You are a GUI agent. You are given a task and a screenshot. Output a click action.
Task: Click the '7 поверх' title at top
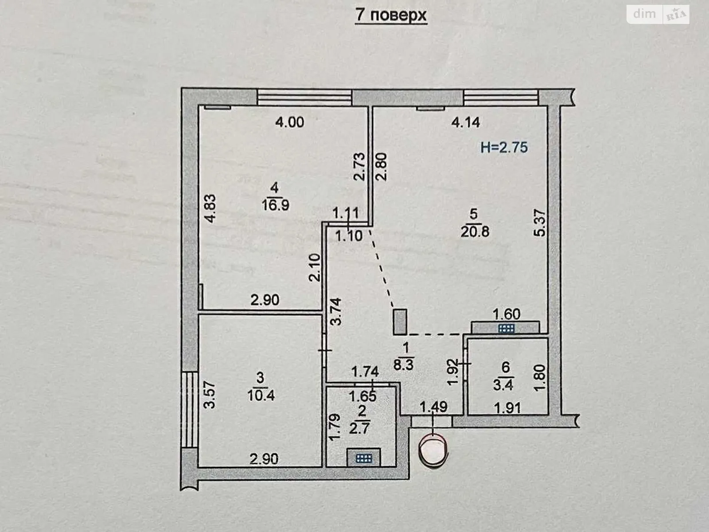pyautogui.click(x=390, y=15)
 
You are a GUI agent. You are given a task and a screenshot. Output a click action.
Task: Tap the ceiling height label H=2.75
pyautogui.click(x=504, y=147)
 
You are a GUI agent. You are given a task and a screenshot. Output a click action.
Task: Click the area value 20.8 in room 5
pyautogui.click(x=474, y=231)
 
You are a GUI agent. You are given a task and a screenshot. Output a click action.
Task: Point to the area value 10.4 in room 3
pyautogui.click(x=261, y=395)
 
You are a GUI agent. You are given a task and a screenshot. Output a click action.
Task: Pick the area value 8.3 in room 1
pyautogui.click(x=404, y=364)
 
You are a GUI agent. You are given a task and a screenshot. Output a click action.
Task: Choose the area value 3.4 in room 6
pyautogui.click(x=503, y=384)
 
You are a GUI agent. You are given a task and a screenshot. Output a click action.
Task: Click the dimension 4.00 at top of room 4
pyautogui.click(x=290, y=122)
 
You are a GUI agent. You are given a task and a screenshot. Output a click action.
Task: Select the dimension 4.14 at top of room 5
pyautogui.click(x=465, y=122)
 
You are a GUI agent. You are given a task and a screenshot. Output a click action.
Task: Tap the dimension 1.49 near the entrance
pyautogui.click(x=433, y=406)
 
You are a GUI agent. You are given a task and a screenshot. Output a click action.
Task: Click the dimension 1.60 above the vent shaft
pyautogui.click(x=506, y=314)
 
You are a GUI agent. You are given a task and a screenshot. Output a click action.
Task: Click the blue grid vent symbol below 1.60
pyautogui.click(x=506, y=328)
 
